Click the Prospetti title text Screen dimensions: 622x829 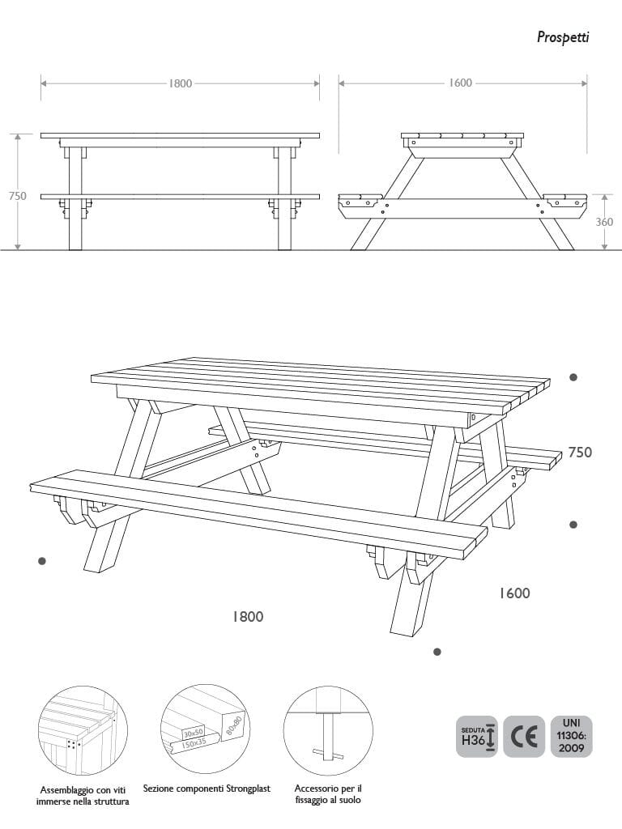(563, 37)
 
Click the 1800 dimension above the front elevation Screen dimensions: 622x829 (181, 83)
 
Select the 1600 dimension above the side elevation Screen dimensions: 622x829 (460, 83)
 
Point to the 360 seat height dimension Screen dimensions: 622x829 (604, 222)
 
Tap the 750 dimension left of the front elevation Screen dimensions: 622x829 (18, 196)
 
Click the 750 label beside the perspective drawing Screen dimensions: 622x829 (580, 452)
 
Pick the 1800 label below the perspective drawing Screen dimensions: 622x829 (248, 616)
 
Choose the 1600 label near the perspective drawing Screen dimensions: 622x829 (514, 593)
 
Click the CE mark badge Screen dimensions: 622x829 (524, 737)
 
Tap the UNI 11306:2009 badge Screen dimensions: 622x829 (571, 737)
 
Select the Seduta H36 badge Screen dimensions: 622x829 (476, 737)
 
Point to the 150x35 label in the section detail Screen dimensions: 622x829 (195, 743)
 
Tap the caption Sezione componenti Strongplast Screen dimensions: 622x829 (207, 789)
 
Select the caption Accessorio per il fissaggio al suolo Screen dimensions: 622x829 (328, 794)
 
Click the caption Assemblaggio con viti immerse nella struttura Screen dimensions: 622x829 (83, 796)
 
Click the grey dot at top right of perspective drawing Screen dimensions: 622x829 (573, 377)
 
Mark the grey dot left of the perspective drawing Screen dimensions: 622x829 (42, 561)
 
